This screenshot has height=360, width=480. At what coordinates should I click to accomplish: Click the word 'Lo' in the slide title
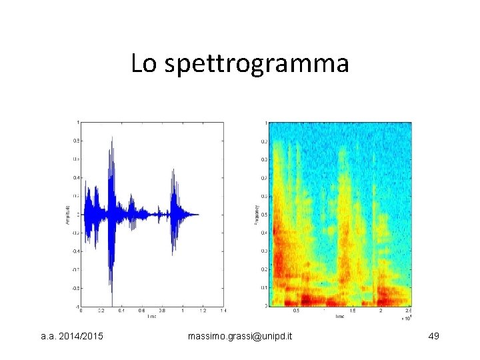143,63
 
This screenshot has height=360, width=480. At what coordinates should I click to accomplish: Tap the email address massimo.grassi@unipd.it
240,338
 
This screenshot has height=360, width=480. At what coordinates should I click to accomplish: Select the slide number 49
433,338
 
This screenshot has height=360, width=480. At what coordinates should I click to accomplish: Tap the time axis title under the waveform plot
152,316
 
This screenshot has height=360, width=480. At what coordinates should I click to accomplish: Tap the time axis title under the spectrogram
339,316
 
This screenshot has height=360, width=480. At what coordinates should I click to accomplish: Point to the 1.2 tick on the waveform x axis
203,311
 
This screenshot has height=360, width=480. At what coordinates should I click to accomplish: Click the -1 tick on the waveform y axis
77,306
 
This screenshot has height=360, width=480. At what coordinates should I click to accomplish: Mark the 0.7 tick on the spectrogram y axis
263,178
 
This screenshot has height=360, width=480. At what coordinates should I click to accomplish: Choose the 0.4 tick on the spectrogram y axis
263,233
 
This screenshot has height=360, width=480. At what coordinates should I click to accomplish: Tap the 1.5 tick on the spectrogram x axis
353,311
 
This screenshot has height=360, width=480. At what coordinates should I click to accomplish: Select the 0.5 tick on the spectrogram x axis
296,311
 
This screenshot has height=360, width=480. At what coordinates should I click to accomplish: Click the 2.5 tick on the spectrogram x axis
408,311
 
